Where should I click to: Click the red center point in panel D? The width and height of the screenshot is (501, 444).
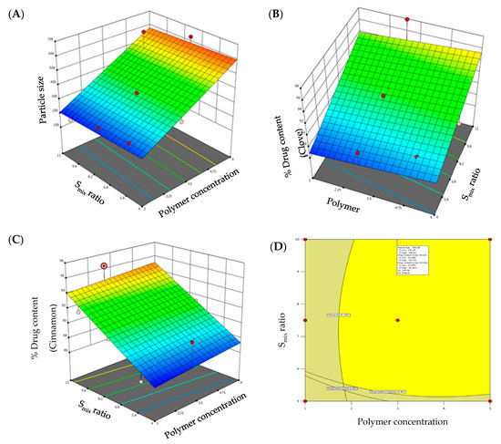coord(397,320)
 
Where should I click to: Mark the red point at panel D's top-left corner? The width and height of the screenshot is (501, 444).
coord(304,240)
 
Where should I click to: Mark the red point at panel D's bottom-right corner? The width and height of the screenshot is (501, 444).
coord(490,400)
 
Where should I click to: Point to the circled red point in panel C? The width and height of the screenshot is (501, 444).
coord(104,265)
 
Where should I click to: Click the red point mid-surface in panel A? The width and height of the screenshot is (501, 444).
coord(136,93)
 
